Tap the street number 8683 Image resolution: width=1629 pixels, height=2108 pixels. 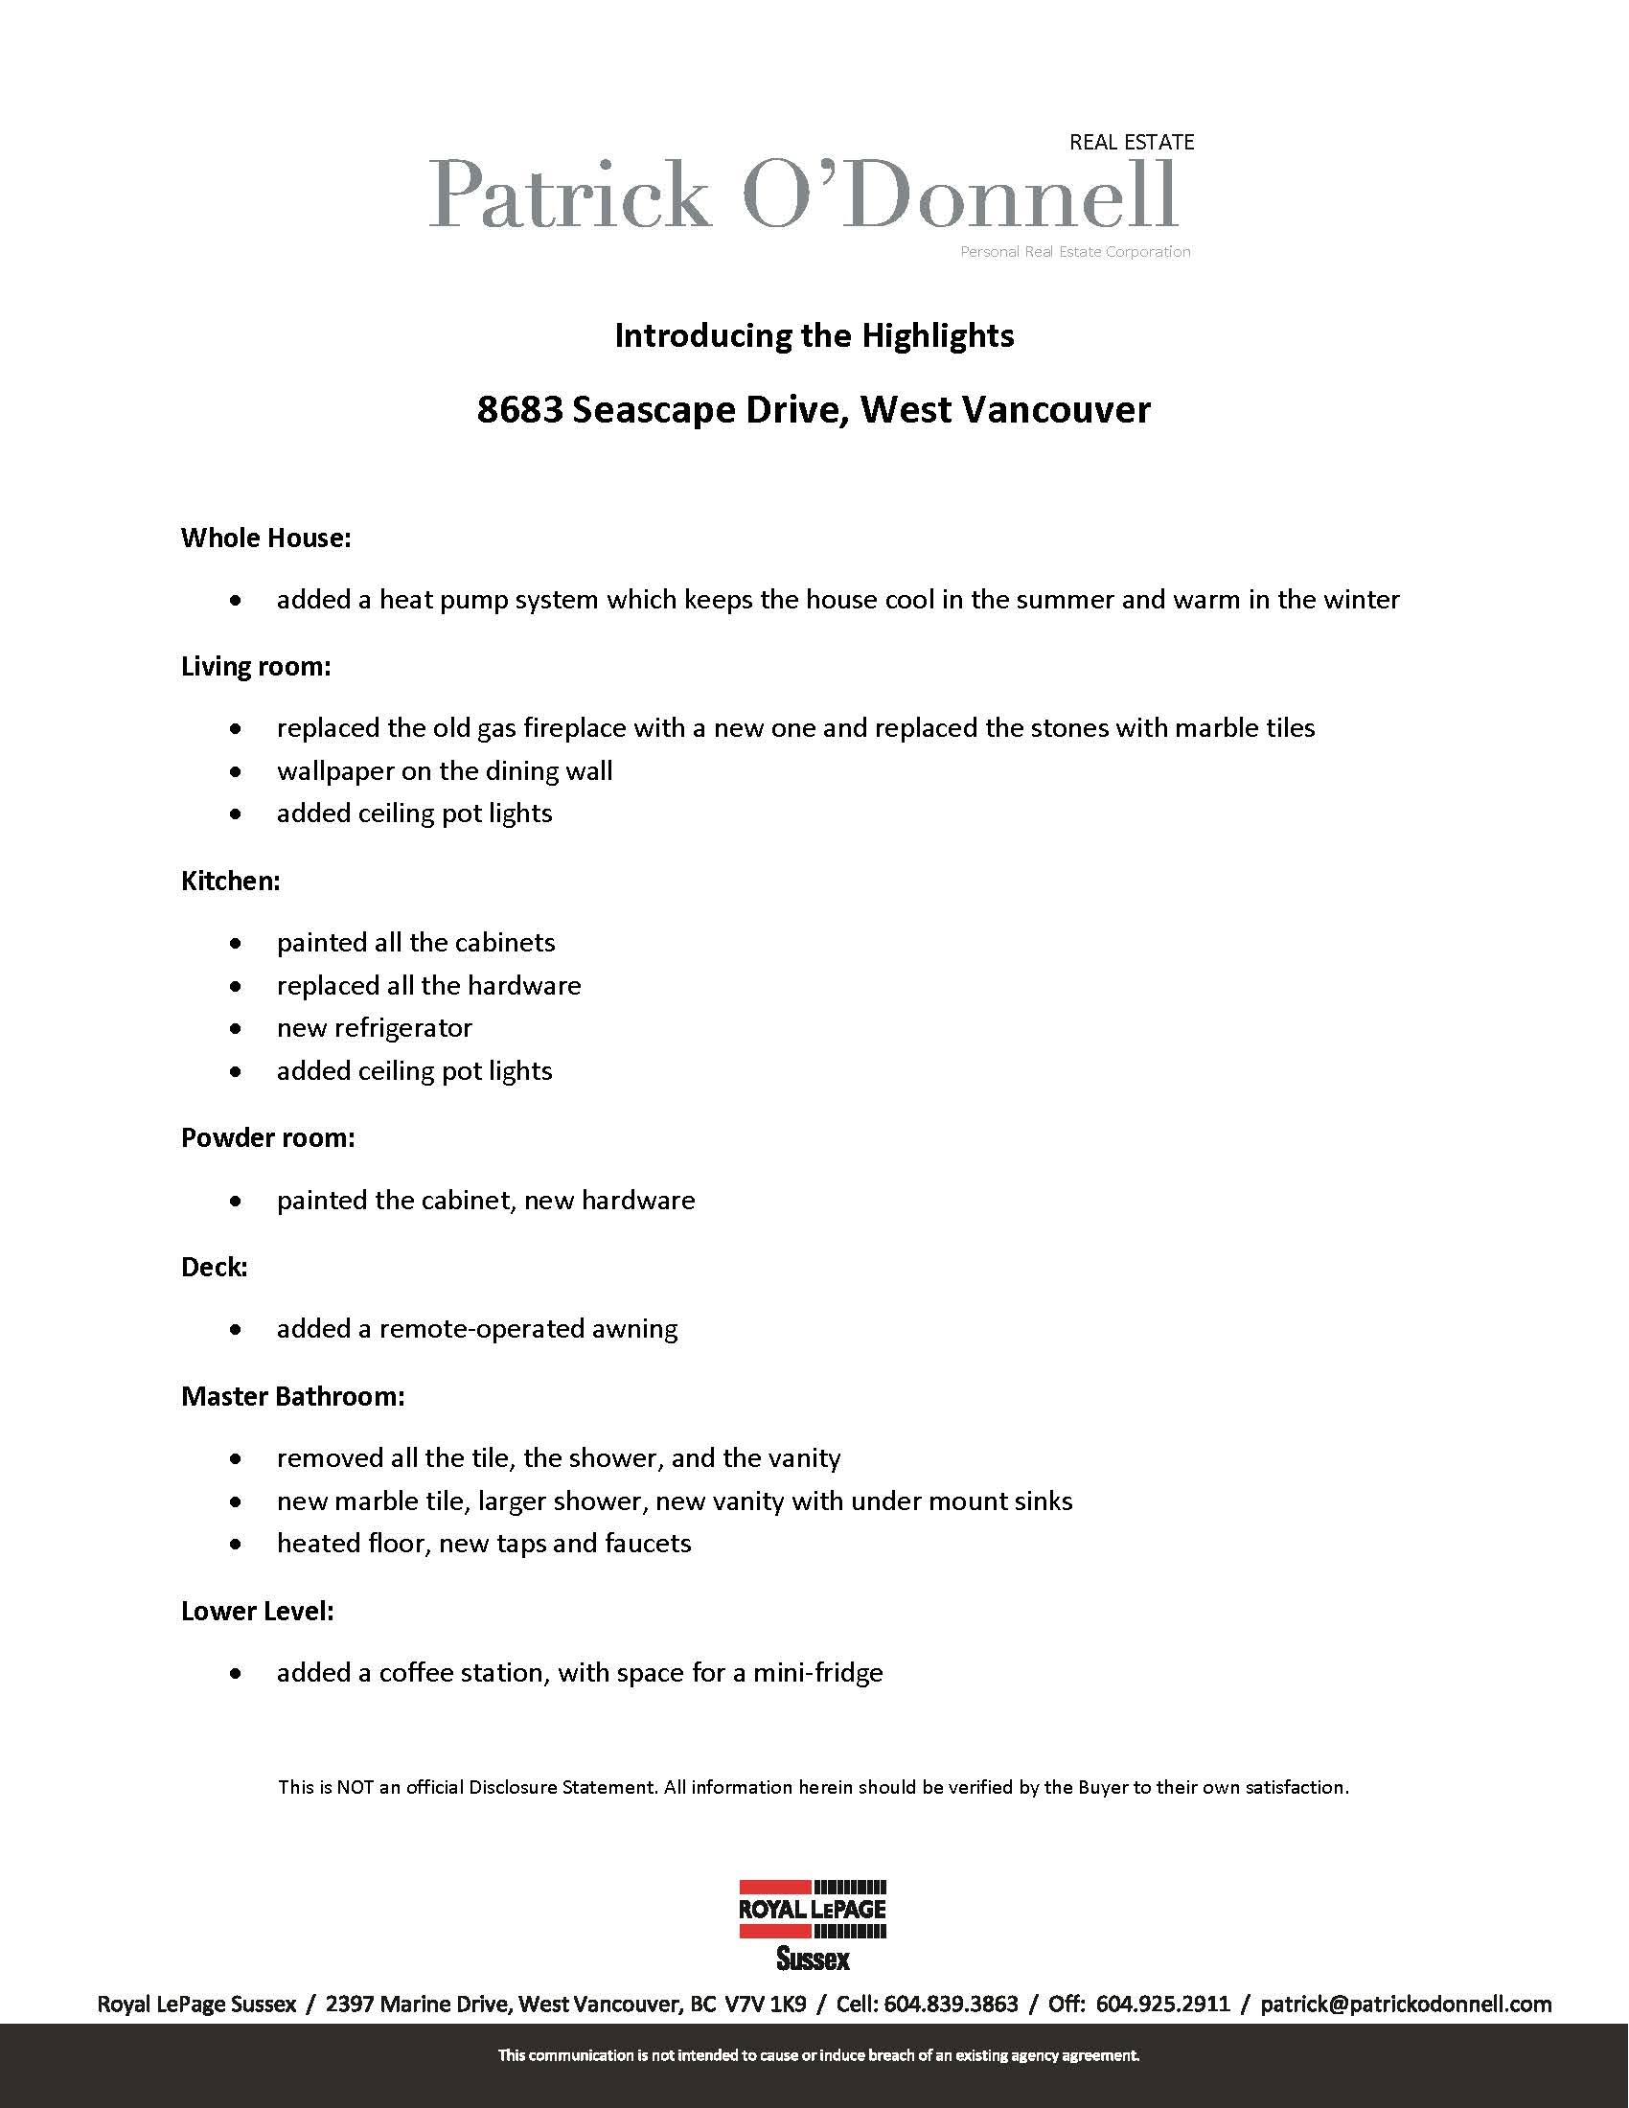pos(519,410)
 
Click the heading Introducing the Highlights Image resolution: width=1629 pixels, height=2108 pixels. pos(814,336)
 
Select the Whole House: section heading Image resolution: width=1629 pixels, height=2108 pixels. pos(265,538)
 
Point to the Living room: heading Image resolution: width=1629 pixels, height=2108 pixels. pos(256,666)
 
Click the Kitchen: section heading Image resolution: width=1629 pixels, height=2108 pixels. pos(231,881)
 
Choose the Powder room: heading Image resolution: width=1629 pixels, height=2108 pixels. pos(267,1138)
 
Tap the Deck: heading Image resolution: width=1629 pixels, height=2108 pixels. pos(215,1267)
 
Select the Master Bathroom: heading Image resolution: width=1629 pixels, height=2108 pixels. pos(292,1396)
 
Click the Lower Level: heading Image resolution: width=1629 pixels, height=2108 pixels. pos(258,1611)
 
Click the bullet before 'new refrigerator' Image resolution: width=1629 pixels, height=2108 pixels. pos(236,1029)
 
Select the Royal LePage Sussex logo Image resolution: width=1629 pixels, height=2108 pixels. pos(813,1924)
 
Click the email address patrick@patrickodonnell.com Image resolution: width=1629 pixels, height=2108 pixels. pos(1405,2005)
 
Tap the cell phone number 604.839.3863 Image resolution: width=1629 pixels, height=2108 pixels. pos(951,2005)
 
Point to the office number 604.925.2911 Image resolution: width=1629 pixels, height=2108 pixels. pos(1163,2005)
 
